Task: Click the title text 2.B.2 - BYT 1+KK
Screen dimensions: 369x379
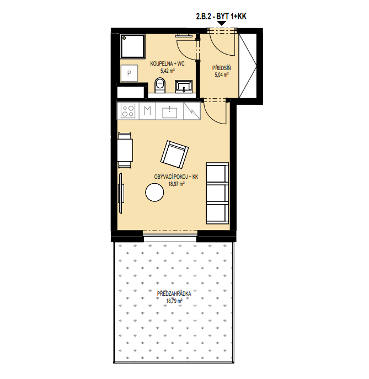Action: [x=221, y=17]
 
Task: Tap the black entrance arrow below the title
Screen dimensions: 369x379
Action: [x=222, y=23]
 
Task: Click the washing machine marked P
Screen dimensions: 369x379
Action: [x=129, y=73]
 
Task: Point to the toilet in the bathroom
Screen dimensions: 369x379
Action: [x=159, y=85]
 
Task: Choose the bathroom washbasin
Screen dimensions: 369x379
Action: [x=184, y=87]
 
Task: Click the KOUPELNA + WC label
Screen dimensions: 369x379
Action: [x=167, y=64]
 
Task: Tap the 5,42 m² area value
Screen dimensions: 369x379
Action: [x=168, y=71]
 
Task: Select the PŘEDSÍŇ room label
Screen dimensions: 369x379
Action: [x=221, y=68]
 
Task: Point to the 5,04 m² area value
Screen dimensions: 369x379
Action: [x=222, y=74]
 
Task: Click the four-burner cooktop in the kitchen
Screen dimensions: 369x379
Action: [x=128, y=111]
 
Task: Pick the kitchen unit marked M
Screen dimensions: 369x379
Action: [x=147, y=111]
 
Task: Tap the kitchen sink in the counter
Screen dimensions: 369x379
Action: [x=170, y=112]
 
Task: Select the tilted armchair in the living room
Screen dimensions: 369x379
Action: [x=174, y=154]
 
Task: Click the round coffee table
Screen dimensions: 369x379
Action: [x=154, y=193]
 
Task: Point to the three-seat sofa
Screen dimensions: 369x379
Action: [x=217, y=193]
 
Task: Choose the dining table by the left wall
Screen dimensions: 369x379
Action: [x=125, y=150]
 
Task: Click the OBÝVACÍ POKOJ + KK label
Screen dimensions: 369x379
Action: [x=176, y=177]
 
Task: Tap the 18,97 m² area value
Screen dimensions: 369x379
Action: [x=177, y=184]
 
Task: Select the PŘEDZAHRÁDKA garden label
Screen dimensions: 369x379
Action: [x=174, y=294]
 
